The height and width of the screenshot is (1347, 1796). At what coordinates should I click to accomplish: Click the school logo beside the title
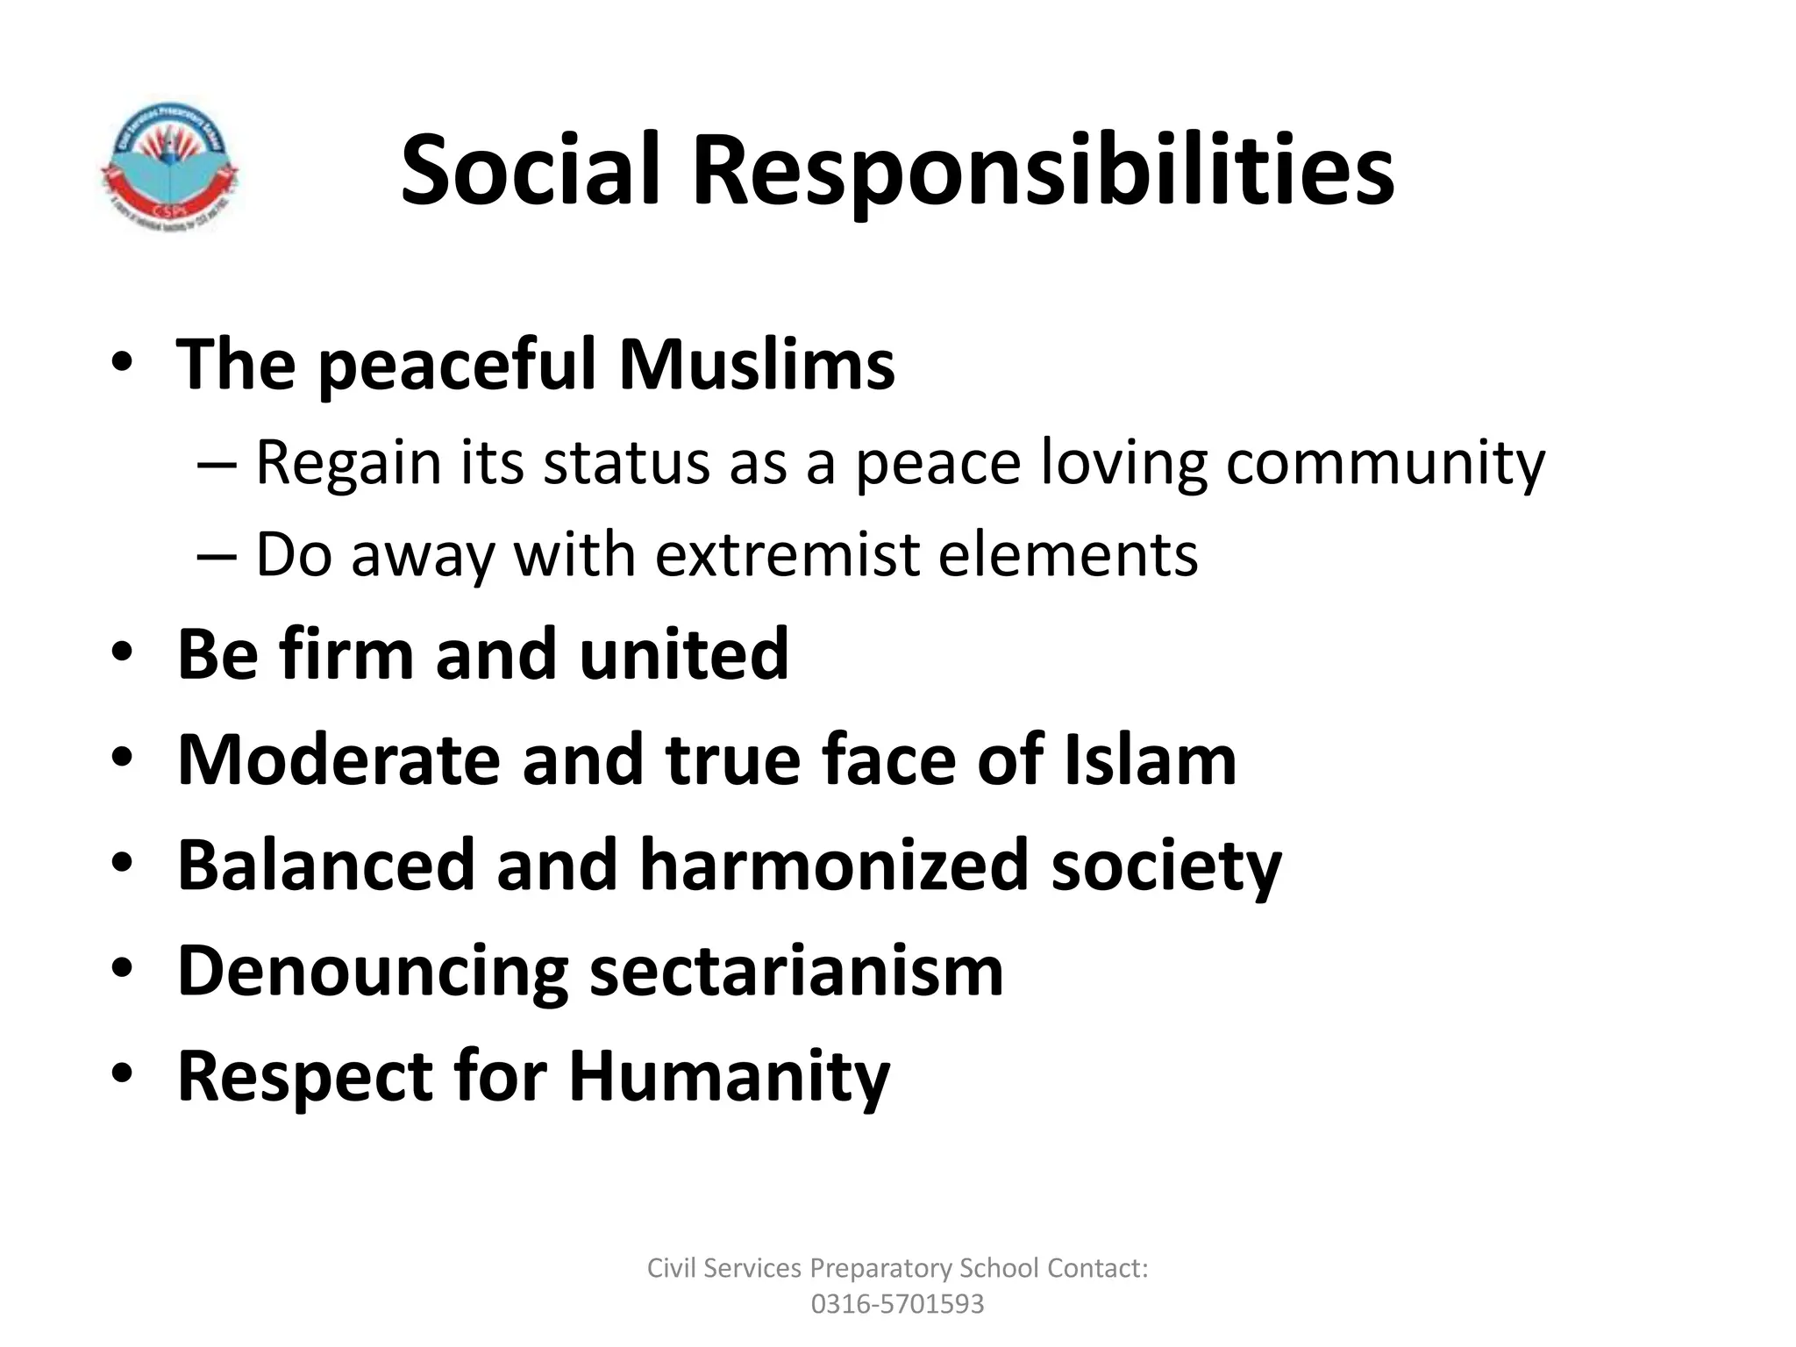tap(169, 164)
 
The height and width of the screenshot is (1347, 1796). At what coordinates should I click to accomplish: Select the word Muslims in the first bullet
tap(757, 363)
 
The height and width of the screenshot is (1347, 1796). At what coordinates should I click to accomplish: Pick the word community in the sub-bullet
tap(1385, 465)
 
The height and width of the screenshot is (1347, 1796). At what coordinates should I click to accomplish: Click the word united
tap(684, 653)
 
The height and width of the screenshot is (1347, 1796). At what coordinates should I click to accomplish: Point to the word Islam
tap(1150, 759)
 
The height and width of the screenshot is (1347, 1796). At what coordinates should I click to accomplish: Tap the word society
tap(1166, 868)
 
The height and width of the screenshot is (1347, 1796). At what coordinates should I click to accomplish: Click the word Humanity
tap(729, 1078)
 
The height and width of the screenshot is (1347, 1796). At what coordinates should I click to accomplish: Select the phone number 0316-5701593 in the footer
tap(897, 1304)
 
